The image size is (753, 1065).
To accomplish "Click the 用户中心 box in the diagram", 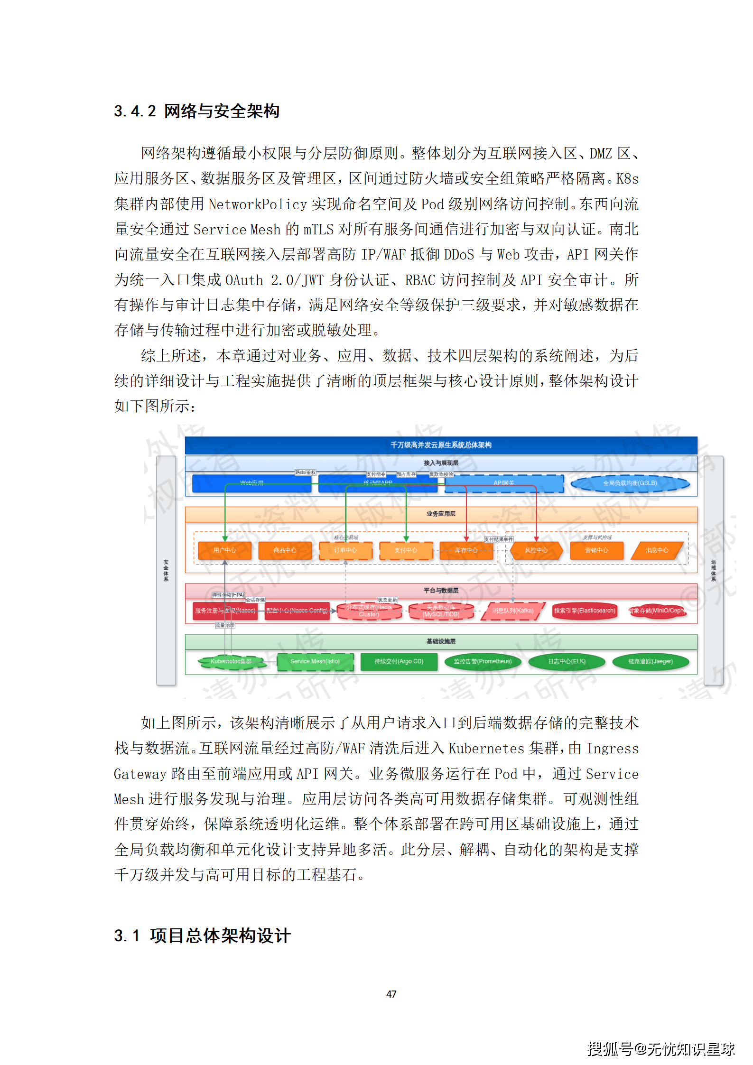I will [224, 550].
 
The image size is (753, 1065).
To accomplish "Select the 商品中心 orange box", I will [285, 550].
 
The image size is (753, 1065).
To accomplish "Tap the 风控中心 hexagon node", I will [536, 550].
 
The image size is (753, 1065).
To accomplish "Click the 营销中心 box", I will [596, 550].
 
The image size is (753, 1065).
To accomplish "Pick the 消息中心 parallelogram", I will [657, 550].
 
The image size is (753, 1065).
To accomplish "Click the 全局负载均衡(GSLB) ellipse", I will [630, 483].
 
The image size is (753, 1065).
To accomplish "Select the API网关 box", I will [504, 483].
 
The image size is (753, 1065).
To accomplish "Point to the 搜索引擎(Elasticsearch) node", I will [585, 611].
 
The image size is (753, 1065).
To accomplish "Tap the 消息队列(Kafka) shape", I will [512, 611].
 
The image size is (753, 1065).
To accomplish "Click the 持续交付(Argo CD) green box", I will [399, 662].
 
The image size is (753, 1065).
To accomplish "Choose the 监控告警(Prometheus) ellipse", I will [483, 662].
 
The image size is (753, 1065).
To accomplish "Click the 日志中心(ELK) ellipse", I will [567, 662].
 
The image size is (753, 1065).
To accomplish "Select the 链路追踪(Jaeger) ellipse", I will [651, 662].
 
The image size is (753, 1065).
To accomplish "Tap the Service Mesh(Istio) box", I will [315, 662].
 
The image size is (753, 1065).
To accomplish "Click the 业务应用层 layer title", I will [441, 514].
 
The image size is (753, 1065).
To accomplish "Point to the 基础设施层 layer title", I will [441, 642].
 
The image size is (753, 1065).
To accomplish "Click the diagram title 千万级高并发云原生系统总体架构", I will [441, 445].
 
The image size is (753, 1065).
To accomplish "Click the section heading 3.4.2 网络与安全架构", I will [196, 111].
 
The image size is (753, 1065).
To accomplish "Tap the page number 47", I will [391, 994].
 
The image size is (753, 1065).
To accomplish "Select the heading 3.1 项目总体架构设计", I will [202, 936].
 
